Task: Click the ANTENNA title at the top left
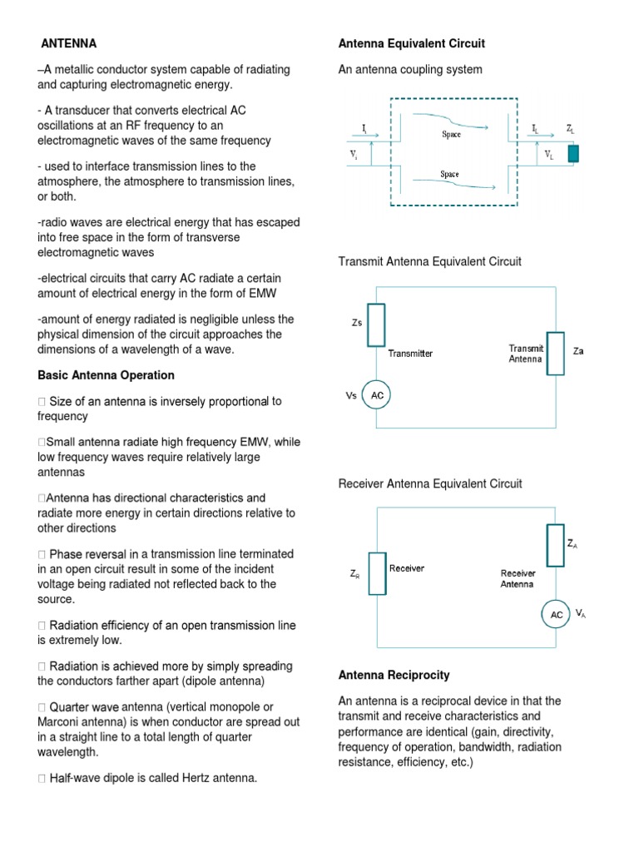coord(69,43)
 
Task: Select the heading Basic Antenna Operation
coord(106,375)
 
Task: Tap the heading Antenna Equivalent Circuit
coord(411,43)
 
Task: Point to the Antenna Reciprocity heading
coord(394,675)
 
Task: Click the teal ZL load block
coord(573,154)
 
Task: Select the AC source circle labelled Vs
coord(377,396)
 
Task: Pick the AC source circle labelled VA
coord(557,615)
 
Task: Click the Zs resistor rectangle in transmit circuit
coord(376,324)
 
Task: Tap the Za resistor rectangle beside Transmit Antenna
coord(556,353)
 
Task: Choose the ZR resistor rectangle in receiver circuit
coord(377,574)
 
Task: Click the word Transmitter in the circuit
coord(410,354)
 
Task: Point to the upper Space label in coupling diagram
coord(451,134)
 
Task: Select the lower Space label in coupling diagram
coord(450,175)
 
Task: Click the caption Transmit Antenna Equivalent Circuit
coord(429,261)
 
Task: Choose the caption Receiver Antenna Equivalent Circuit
coord(429,483)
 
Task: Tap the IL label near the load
coord(535,128)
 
